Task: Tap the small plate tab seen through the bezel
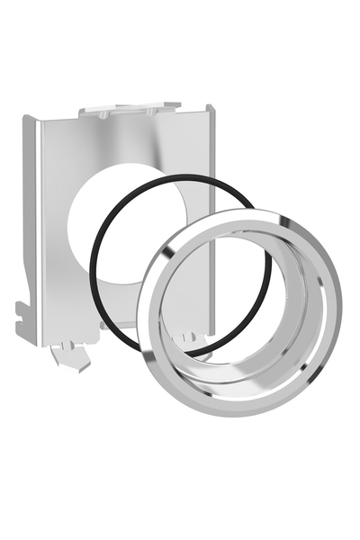coord(189,339)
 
